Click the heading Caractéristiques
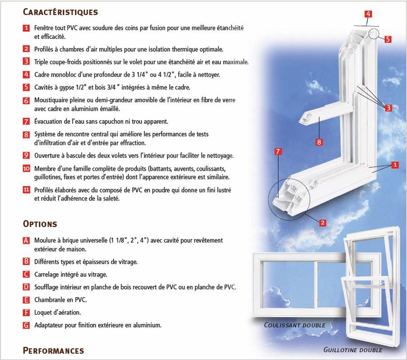(60, 12)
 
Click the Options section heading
(40, 224)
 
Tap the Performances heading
(54, 351)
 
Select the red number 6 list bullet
(26, 100)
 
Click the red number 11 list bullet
(26, 190)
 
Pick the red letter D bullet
(26, 287)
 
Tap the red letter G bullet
(26, 325)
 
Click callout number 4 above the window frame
(368, 14)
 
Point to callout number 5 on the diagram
(388, 39)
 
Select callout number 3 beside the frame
(388, 108)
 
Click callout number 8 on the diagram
(319, 142)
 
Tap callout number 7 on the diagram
(278, 151)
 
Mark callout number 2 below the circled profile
(323, 223)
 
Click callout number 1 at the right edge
(395, 165)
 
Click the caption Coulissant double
(295, 325)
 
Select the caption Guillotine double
(353, 350)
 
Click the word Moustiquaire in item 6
(51, 100)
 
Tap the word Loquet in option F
(42, 313)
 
